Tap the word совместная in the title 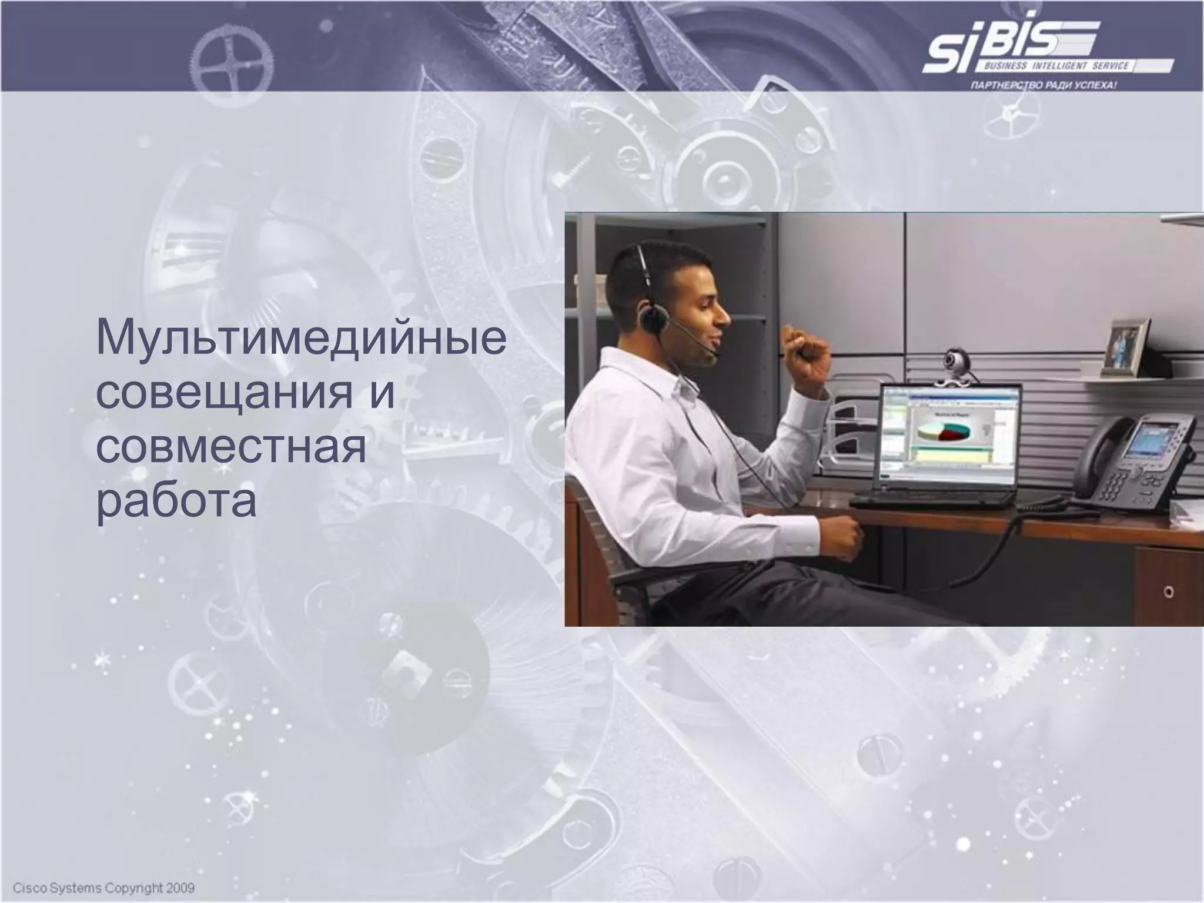tap(231, 448)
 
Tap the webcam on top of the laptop tap(954, 360)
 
